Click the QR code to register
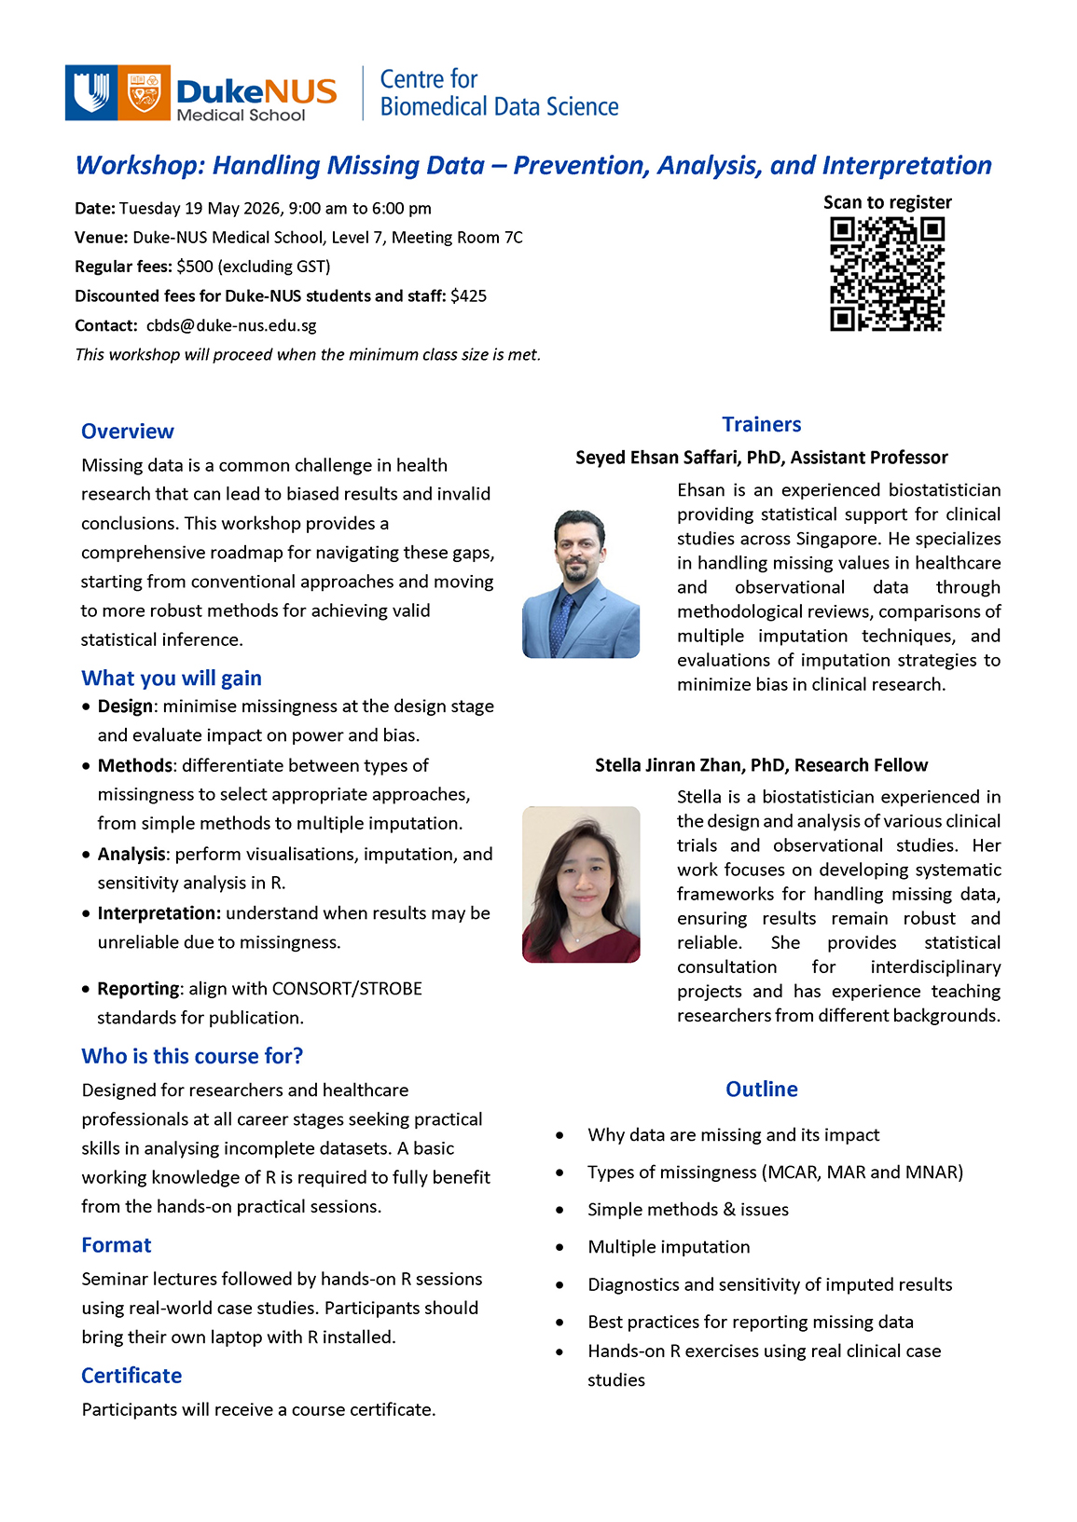[x=887, y=274]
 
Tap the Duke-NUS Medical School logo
[x=200, y=93]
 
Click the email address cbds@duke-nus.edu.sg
[x=231, y=325]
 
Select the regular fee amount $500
[x=195, y=267]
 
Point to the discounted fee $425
[x=468, y=296]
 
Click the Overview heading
[x=128, y=432]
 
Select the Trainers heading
[x=761, y=425]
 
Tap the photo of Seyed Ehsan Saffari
[x=581, y=583]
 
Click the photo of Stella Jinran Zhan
[x=581, y=884]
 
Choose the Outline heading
[x=762, y=1090]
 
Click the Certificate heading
[x=131, y=1376]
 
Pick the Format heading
[x=116, y=1245]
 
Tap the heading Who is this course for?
[x=192, y=1056]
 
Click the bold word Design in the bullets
[x=125, y=706]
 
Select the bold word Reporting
[x=138, y=988]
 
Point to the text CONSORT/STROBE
[x=347, y=988]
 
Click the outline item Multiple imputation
[x=669, y=1247]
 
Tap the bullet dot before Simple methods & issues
[x=559, y=1210]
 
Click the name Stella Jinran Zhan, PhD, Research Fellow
[x=761, y=765]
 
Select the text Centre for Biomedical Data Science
[x=499, y=93]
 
